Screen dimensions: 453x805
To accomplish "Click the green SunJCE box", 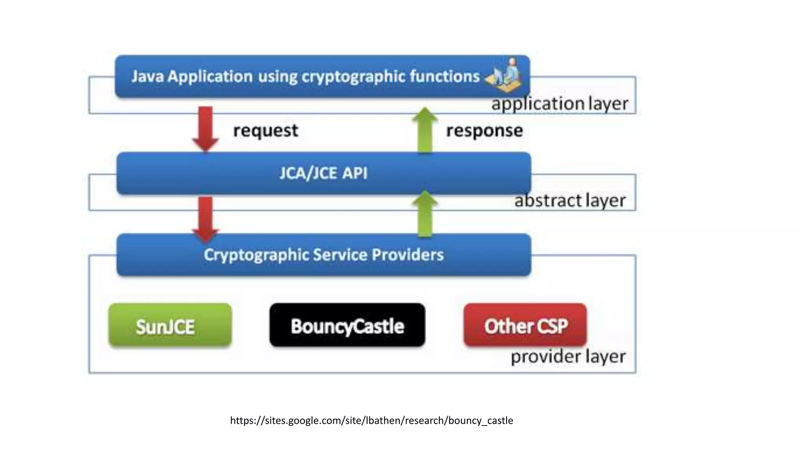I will point(170,326).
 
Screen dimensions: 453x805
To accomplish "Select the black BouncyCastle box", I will point(347,326).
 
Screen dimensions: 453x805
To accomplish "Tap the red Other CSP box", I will point(525,326).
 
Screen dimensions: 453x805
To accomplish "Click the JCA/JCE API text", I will point(323,173).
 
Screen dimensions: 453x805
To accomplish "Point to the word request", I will point(266,131).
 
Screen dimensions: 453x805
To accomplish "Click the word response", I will point(484,131).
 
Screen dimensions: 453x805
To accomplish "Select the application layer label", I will point(560,104).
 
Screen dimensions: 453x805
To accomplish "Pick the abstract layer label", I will point(570,201).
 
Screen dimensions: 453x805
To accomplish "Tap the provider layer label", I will point(568,357).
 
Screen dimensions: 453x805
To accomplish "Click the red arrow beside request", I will point(206,128).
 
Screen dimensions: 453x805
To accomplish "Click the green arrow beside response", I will point(425,130).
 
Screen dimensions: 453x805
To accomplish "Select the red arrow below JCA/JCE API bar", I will point(206,218).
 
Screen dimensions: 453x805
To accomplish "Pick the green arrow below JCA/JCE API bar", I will point(425,214).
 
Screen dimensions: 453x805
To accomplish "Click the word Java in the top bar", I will point(147,76).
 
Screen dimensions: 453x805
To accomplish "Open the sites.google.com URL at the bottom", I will point(371,420).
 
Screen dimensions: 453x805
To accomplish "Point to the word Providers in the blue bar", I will point(408,255).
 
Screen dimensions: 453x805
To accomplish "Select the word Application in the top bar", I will point(210,77).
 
